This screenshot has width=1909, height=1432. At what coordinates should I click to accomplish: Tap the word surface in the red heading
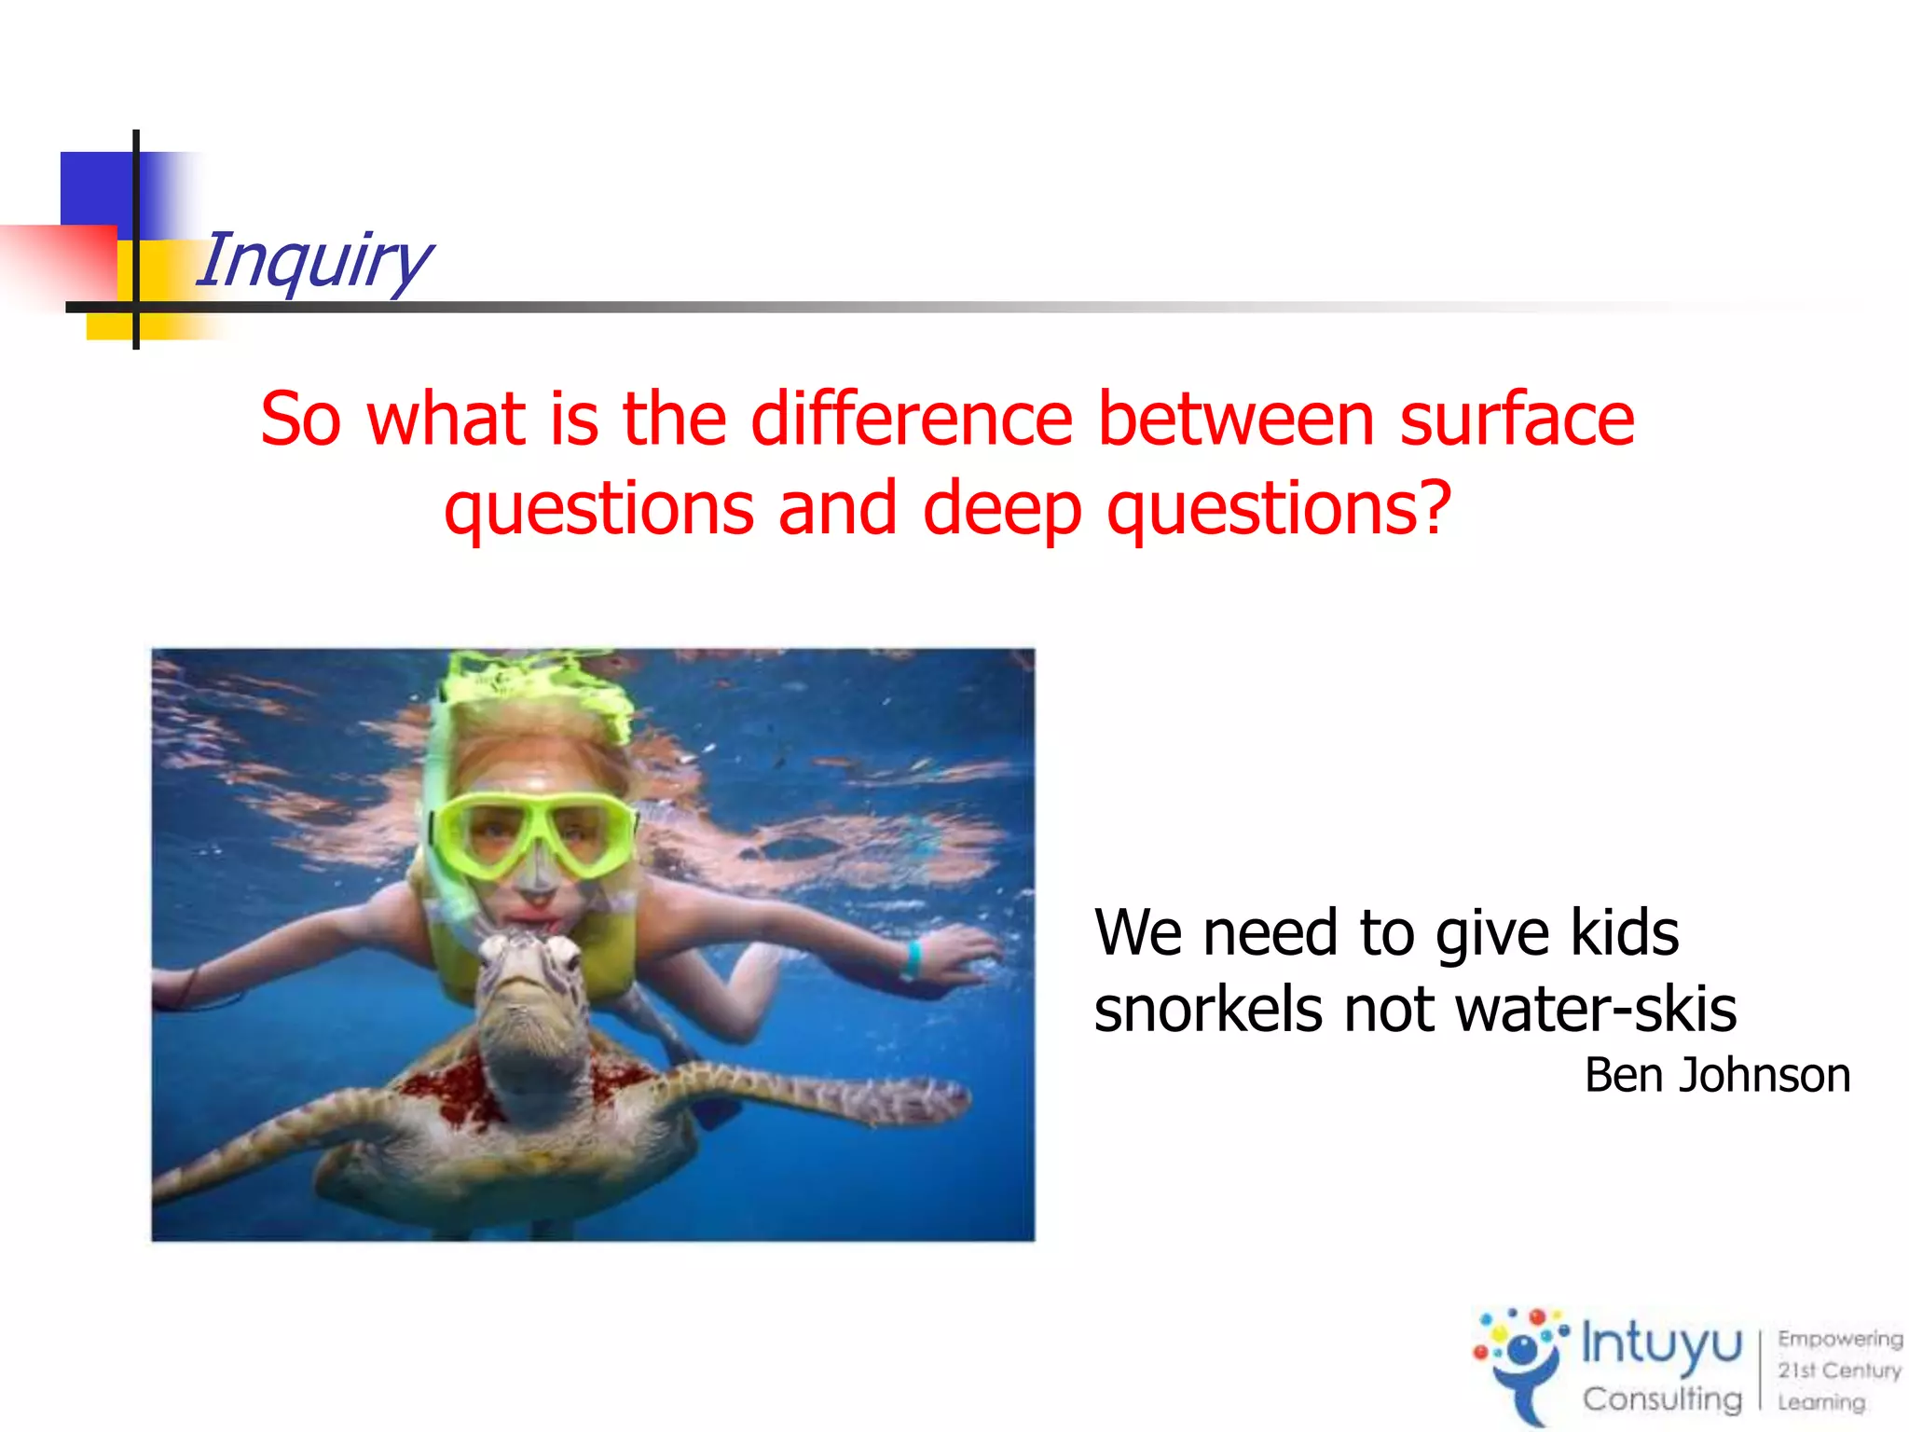point(1517,420)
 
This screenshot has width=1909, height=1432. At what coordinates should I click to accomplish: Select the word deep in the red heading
point(1002,508)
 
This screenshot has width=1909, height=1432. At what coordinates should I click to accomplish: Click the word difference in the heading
point(913,420)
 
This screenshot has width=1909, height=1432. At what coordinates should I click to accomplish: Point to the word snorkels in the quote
point(1207,1010)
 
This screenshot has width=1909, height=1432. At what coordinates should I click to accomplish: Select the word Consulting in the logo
point(1661,1399)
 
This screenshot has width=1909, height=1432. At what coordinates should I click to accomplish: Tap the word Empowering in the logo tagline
point(1839,1339)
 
